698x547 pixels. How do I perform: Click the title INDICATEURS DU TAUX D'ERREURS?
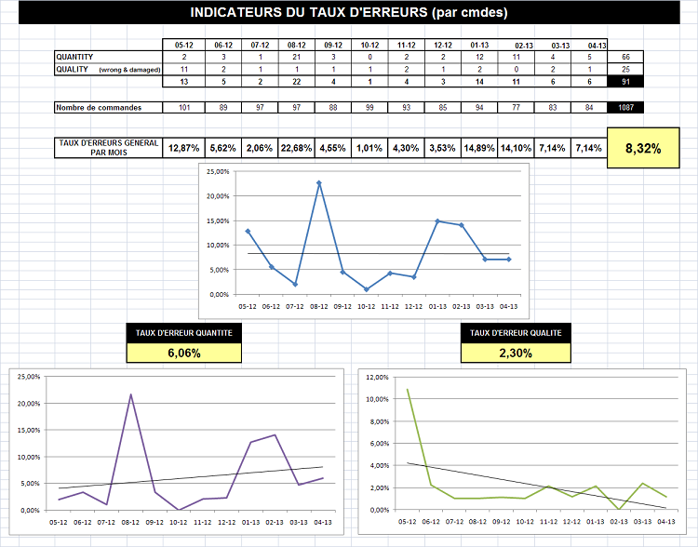click(348, 13)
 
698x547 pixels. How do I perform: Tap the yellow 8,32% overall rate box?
click(642, 148)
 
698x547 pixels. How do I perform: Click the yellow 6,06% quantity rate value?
click(183, 353)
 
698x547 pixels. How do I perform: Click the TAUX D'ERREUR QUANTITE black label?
click(183, 332)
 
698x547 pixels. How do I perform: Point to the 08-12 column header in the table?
click(297, 45)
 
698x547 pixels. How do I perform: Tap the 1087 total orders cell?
click(624, 108)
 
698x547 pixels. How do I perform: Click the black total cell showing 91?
click(624, 82)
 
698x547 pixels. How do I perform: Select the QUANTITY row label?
click(74, 57)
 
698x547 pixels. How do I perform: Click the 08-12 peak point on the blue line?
click(319, 182)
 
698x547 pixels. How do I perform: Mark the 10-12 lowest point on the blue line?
click(368, 289)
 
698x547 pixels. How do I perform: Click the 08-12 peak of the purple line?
click(130, 394)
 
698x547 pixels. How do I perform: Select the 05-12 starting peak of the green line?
click(407, 389)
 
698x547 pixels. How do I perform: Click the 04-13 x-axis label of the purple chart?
click(323, 523)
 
